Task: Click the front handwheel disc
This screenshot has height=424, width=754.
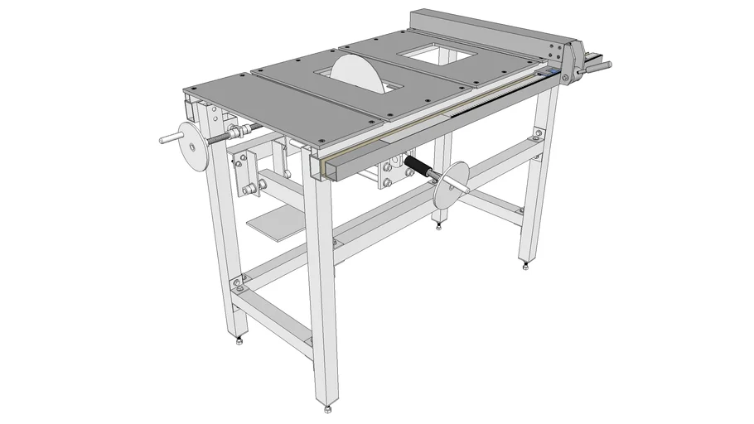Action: pos(451,185)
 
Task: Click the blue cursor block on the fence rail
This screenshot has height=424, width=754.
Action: pos(546,74)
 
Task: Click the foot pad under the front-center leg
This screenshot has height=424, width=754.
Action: pos(329,407)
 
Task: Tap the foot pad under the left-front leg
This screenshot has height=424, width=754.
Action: pos(239,340)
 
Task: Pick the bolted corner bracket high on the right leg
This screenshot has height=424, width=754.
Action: pos(539,133)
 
